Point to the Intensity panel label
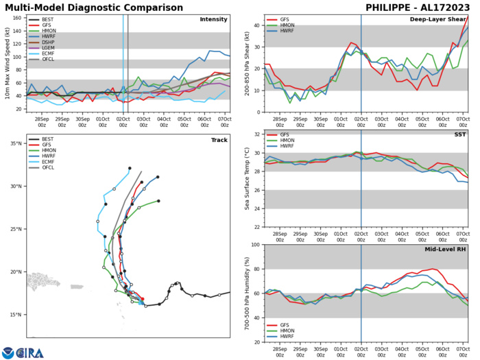pyautogui.click(x=213, y=19)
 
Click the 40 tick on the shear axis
pyautogui.click(x=254, y=26)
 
